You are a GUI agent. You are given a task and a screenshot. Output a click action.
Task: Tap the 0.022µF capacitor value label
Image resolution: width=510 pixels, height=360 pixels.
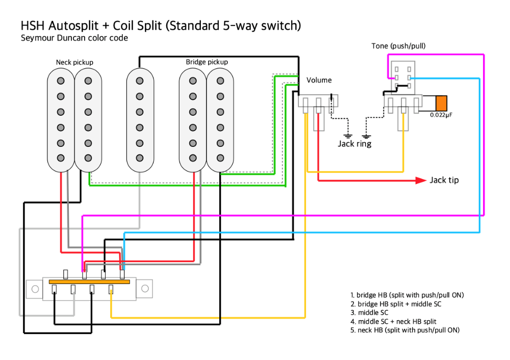click(441, 115)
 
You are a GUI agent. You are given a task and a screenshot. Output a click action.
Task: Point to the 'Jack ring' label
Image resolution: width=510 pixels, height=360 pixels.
click(354, 144)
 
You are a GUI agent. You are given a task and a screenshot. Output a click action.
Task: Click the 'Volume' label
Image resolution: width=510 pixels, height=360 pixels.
click(319, 80)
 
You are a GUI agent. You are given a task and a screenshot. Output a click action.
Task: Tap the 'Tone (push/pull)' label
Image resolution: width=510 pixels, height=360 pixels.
click(398, 46)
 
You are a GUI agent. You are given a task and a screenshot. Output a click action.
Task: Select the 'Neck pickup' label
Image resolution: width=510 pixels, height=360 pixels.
click(74, 62)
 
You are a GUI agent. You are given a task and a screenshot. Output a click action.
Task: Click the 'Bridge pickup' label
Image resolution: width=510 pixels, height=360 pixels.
click(207, 62)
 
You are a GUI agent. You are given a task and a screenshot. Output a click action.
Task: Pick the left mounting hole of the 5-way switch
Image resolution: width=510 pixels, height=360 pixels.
click(35, 289)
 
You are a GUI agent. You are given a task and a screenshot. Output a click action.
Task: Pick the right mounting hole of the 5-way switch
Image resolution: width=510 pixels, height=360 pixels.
click(145, 289)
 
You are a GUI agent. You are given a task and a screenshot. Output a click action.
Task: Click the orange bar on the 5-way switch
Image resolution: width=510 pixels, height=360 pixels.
click(89, 281)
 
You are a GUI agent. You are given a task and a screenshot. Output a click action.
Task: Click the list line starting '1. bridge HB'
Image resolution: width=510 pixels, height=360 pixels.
click(407, 295)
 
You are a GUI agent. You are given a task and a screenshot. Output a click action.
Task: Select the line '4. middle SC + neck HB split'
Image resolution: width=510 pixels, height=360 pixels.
click(393, 321)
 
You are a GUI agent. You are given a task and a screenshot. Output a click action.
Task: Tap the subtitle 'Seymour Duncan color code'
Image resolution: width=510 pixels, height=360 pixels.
click(74, 38)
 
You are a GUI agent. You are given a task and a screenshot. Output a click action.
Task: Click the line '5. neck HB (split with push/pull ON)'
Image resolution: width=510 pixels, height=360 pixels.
click(405, 330)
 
